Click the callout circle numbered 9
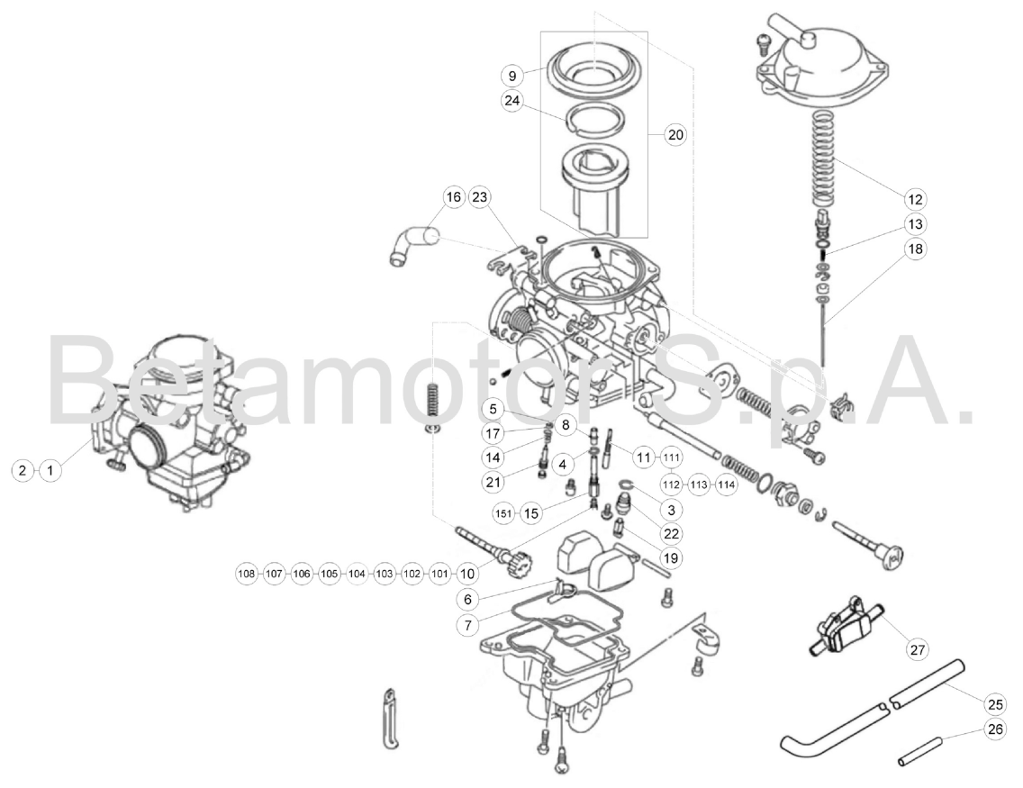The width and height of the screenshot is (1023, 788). pyautogui.click(x=512, y=75)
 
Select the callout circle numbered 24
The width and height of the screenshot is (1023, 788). pyautogui.click(x=512, y=101)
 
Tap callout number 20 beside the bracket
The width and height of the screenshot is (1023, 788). pyautogui.click(x=674, y=135)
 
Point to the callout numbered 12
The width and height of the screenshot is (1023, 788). pyautogui.click(x=917, y=197)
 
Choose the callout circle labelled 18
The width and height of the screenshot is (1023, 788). pyautogui.click(x=917, y=249)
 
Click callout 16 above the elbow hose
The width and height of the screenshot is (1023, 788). pyautogui.click(x=454, y=196)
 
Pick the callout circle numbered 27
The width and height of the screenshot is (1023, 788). pyautogui.click(x=918, y=648)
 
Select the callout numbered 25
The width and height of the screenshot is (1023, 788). pyautogui.click(x=995, y=702)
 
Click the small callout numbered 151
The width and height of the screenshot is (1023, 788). pyautogui.click(x=504, y=513)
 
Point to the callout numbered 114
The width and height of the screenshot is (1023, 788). pyautogui.click(x=727, y=485)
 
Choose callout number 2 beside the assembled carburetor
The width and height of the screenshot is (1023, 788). pyautogui.click(x=23, y=469)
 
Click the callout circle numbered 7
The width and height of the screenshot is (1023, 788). pyautogui.click(x=466, y=623)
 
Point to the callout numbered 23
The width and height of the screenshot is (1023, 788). pyautogui.click(x=480, y=196)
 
